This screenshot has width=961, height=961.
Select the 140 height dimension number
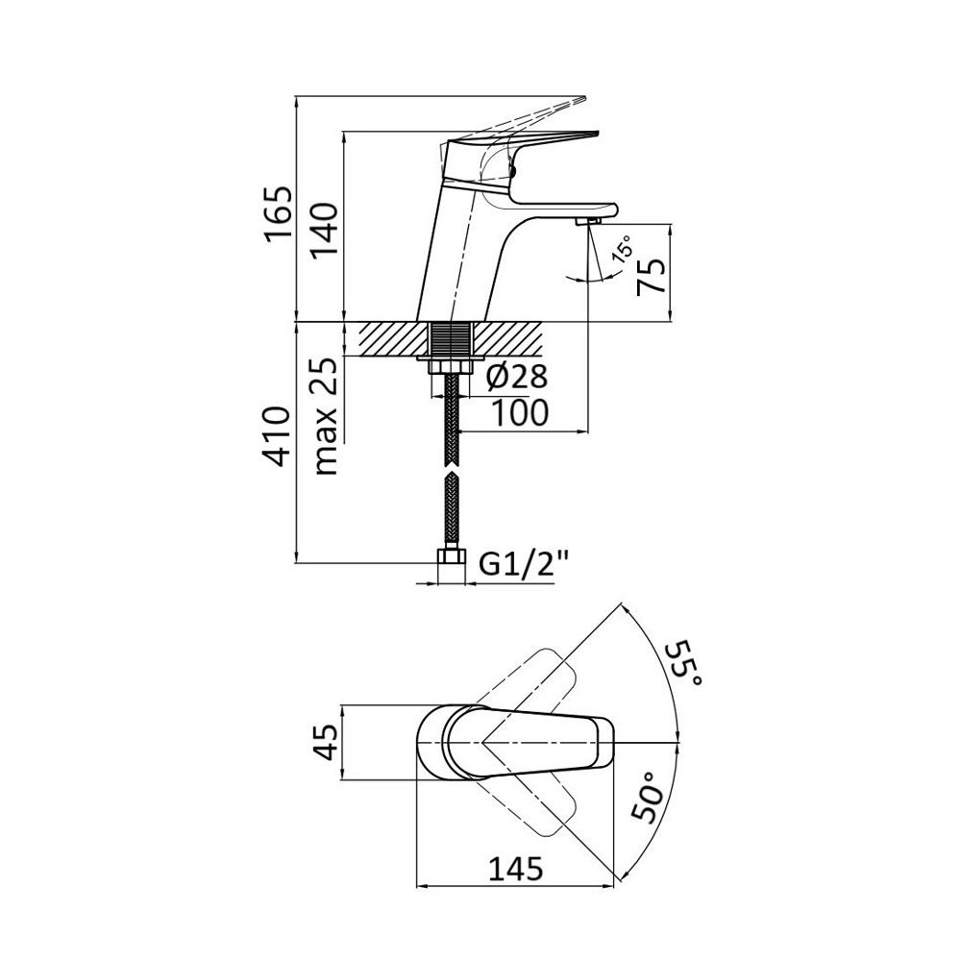point(324,231)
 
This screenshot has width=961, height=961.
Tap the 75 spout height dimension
point(651,277)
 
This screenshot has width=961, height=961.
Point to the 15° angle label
point(625,252)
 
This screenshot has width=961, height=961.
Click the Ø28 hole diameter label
point(517,377)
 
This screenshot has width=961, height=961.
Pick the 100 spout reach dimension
point(520,413)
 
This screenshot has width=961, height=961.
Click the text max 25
point(325,416)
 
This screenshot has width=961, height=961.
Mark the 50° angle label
point(648,796)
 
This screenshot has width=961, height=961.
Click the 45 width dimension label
point(329,742)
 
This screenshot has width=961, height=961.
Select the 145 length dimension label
point(515,868)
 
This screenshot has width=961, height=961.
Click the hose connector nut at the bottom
point(452,558)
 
